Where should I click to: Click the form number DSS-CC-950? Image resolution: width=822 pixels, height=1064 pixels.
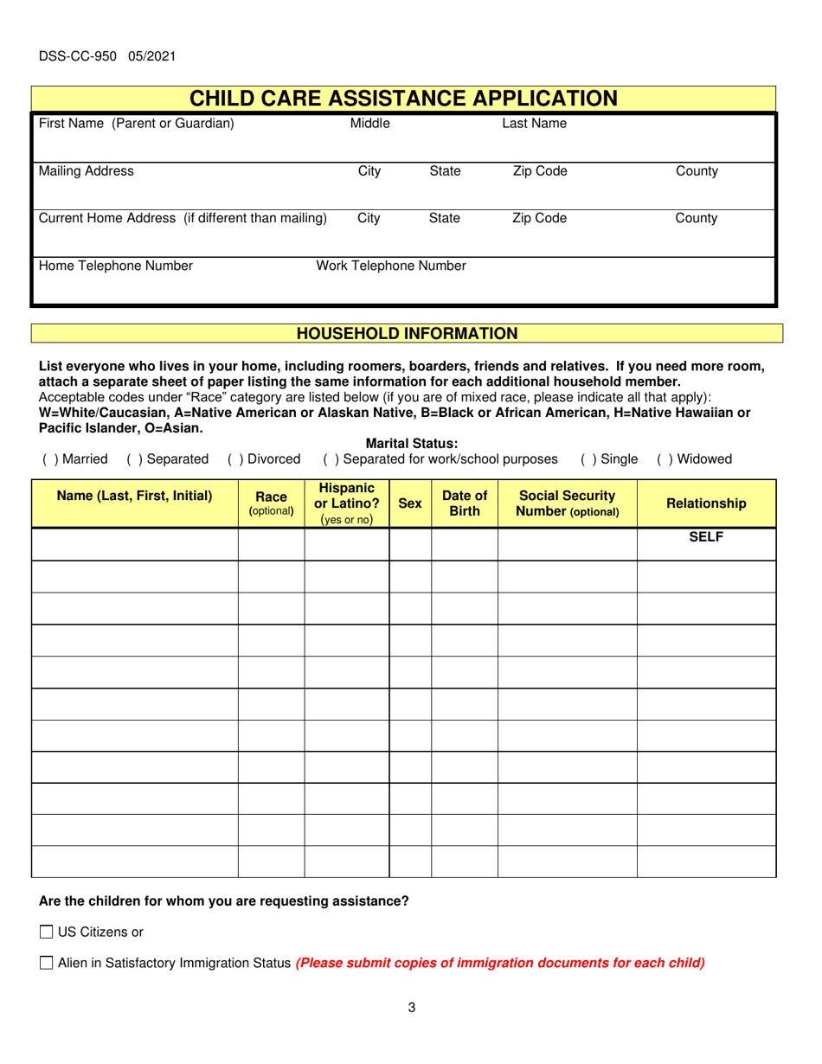(107, 57)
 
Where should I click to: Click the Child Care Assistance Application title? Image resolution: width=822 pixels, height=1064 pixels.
(403, 99)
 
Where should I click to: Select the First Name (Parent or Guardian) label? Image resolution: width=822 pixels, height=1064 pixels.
(135, 124)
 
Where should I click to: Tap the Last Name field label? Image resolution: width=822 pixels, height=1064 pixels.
(534, 124)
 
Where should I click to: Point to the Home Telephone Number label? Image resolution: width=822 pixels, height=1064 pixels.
(115, 266)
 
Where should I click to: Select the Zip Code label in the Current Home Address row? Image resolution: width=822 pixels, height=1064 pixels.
(539, 219)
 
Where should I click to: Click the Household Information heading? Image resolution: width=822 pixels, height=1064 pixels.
(407, 333)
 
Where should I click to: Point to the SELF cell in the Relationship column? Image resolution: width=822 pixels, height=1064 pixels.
(705, 537)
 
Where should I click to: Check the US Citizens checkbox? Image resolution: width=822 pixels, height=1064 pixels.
(47, 932)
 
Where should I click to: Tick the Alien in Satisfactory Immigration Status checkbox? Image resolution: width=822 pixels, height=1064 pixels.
(47, 962)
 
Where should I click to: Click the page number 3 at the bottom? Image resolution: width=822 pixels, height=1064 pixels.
(411, 1007)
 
